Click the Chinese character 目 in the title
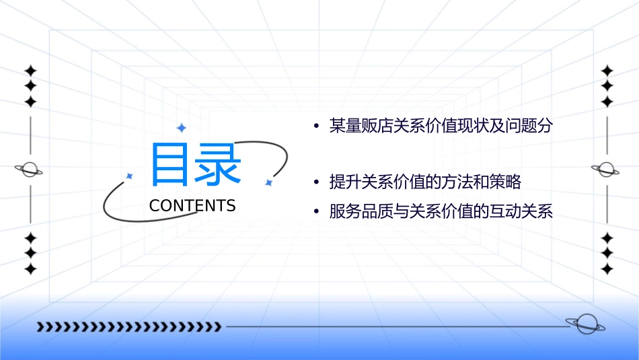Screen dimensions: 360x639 169,164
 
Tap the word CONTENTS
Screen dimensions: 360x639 192,206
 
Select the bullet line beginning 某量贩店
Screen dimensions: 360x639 441,126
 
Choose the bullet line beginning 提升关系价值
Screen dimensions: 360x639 425,182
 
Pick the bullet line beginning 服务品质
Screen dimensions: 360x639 441,212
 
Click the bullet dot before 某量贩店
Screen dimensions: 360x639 315,127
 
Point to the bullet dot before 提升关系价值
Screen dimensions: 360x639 315,183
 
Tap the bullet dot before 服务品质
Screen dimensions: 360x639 315,213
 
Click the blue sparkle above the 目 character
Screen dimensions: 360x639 180,127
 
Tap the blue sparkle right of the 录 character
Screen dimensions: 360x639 268,182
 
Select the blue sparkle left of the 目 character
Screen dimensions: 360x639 130,176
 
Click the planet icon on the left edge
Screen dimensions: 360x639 30,170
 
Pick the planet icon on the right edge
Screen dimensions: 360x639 606,170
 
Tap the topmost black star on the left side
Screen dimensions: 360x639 30,71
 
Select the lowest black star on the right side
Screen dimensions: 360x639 607,269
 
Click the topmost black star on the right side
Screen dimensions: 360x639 607,71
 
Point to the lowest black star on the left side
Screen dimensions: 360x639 30,269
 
